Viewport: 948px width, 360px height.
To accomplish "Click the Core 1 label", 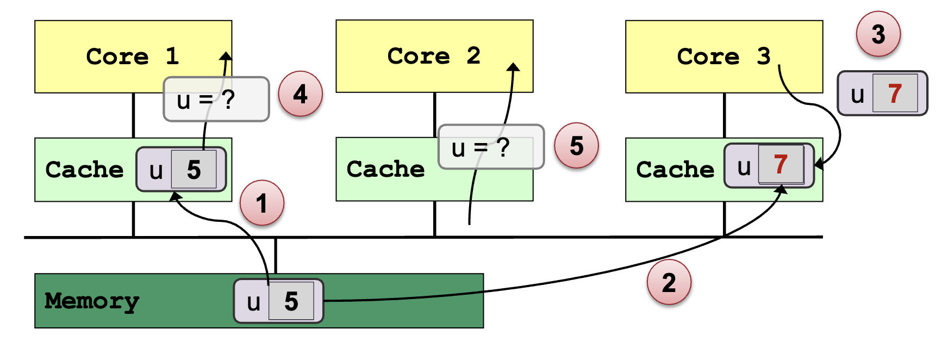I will coord(133,57).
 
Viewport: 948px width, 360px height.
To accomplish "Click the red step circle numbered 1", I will coord(262,203).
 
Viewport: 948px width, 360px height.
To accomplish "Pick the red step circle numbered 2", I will coord(669,283).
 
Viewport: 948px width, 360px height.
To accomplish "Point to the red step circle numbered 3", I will coord(878,34).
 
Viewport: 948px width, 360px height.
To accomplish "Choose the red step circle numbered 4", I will coord(300,94).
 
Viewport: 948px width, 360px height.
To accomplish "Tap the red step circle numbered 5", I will coord(576,146).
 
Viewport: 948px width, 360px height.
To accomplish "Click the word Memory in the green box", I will coord(92,301).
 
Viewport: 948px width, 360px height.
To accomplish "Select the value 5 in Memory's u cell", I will coord(292,301).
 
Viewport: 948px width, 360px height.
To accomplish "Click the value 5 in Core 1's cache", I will coord(194,170).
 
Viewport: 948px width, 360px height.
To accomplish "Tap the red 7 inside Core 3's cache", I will coord(781,164).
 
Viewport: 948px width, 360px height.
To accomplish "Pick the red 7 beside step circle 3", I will coord(895,94).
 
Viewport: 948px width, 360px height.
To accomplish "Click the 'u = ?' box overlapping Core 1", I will coord(216,100).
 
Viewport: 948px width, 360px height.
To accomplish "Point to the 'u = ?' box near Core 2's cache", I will coord(491,147).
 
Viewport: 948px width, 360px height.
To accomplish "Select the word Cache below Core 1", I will coord(84,170).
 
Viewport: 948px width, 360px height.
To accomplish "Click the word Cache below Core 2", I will coord(385,169).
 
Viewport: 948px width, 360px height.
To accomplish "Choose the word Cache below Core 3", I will coord(675,170).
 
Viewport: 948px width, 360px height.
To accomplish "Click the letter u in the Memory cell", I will coord(253,302).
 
